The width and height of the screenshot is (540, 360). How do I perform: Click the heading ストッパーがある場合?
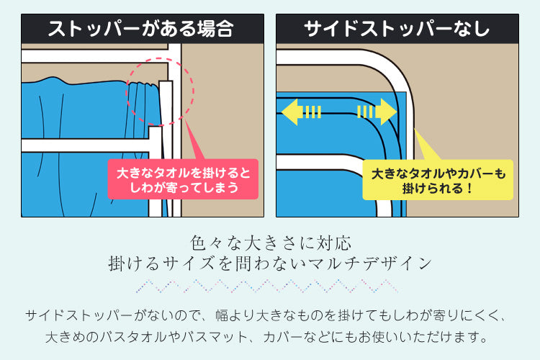(141, 29)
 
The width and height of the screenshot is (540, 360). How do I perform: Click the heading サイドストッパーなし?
(397, 29)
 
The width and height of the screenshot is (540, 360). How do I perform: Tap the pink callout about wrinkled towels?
(183, 179)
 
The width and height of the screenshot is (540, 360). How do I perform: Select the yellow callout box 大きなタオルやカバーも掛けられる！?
(438, 180)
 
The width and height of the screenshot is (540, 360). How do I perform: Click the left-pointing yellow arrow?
(301, 112)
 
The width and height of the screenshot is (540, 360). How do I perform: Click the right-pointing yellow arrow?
(377, 112)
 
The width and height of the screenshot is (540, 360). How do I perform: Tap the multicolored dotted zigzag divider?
(267, 287)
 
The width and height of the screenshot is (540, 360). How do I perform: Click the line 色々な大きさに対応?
(271, 243)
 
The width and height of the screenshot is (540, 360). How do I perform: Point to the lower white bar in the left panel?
(86, 145)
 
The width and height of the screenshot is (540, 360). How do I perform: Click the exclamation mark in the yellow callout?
(468, 189)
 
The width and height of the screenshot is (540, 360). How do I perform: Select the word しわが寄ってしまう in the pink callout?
(183, 187)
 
